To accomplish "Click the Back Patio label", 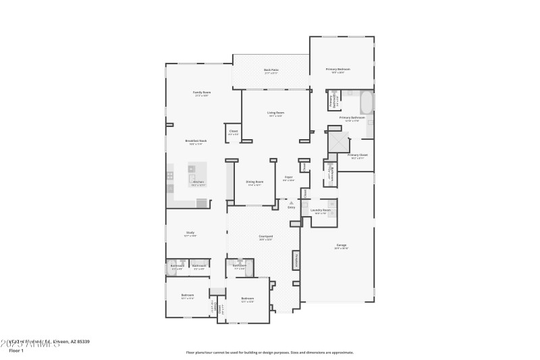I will (271, 70).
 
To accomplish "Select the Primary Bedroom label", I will (338, 70).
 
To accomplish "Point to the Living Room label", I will (275, 113).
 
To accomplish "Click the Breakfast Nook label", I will (198, 141).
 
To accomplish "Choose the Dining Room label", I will (254, 182).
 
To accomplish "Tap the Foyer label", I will (288, 178).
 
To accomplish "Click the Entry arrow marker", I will (292, 203).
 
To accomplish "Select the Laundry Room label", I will (320, 211).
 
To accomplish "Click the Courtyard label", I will (265, 236).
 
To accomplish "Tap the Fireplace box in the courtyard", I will (295, 259).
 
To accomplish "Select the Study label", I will (190, 233).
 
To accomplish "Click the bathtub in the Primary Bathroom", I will (367, 103).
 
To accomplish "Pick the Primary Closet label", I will (357, 155).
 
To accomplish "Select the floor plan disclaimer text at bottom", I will (269, 352).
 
